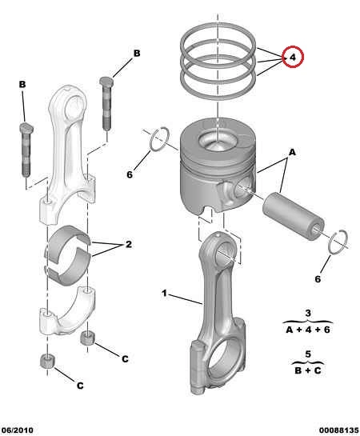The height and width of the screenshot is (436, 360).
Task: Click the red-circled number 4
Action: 293,57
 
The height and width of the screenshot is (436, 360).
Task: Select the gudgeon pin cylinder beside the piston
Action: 293,215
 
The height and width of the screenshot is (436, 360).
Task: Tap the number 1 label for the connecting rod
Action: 164,293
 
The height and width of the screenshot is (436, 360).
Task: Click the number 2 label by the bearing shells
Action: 129,245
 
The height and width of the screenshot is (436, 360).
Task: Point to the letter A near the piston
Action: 292,152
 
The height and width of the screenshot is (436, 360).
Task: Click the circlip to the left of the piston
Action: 159,139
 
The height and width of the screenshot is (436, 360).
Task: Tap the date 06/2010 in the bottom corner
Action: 18,430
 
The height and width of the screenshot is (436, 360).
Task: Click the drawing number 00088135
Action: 338,430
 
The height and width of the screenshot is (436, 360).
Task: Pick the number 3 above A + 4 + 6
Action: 308,313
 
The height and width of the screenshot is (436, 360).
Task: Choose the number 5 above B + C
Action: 308,354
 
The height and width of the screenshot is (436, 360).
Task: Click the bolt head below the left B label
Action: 26,127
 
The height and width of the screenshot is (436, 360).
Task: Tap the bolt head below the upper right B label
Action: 106,81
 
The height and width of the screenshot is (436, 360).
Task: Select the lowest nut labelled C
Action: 47,362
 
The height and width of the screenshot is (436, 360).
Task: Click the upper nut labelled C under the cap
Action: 87,338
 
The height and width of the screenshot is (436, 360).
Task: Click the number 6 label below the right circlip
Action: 318,279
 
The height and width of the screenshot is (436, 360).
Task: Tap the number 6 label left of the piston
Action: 130,174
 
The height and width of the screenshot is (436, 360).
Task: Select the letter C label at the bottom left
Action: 80,386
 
